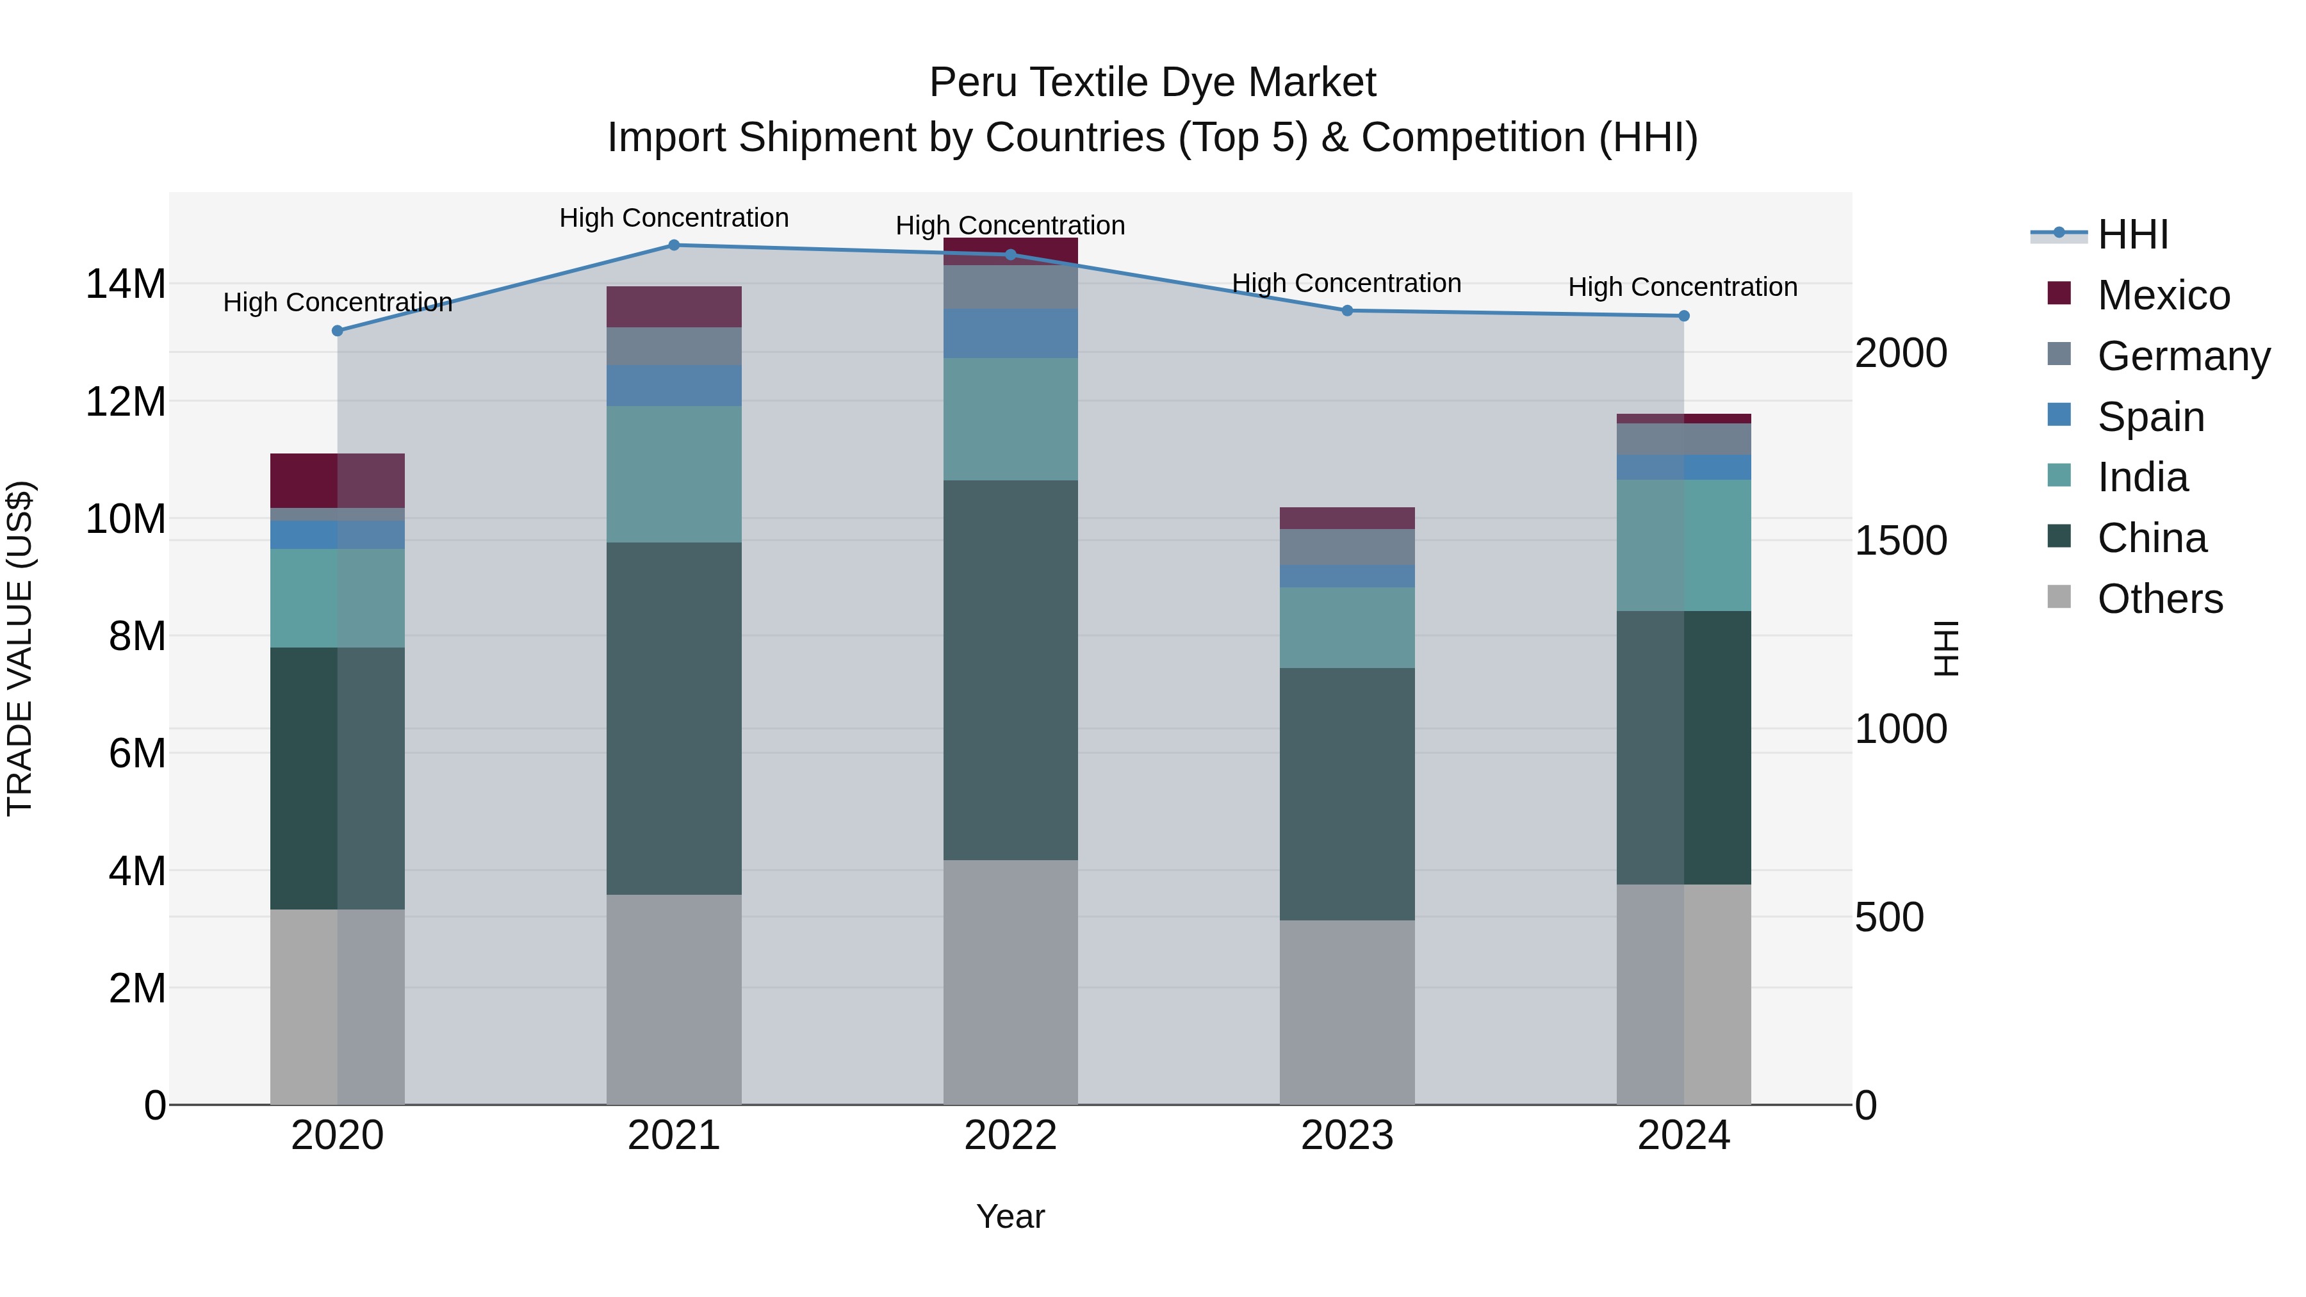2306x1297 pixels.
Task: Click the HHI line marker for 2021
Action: (x=674, y=245)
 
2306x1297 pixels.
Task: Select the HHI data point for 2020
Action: (x=338, y=331)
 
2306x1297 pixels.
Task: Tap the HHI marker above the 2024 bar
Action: (x=1683, y=316)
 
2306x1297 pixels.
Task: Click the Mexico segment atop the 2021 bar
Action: (x=674, y=307)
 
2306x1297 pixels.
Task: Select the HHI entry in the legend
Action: (x=2132, y=234)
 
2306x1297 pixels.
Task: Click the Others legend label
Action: (x=2159, y=599)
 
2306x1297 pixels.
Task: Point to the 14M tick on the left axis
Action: (x=126, y=284)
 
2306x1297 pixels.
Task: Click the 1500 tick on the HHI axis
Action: (x=1901, y=541)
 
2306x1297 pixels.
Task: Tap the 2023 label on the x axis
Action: (x=1346, y=1136)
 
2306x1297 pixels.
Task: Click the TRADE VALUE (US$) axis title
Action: (x=20, y=648)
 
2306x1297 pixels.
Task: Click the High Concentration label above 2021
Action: (x=674, y=218)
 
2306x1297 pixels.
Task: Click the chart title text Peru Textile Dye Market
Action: (x=1152, y=83)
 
